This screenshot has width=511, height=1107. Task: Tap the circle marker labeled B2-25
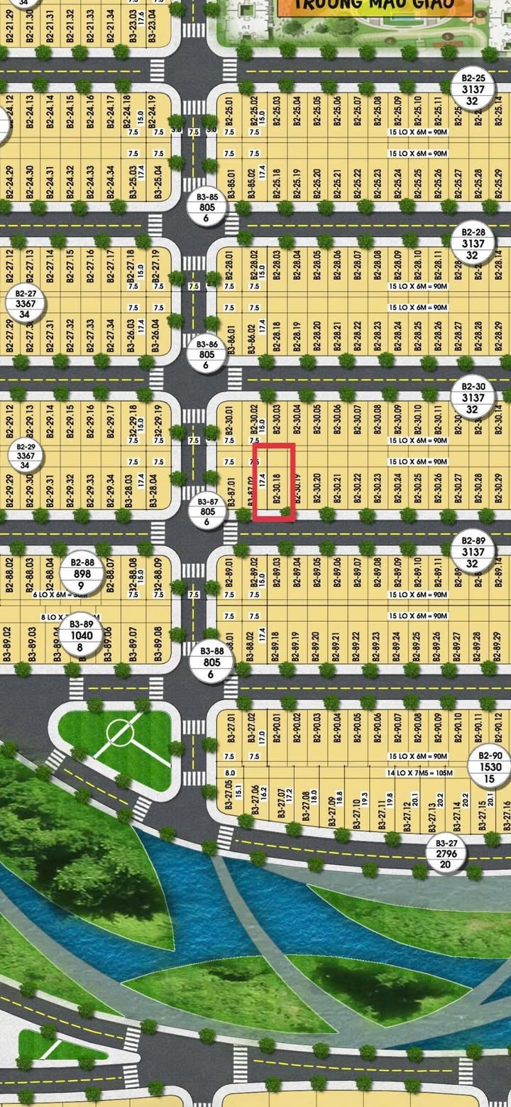point(473,89)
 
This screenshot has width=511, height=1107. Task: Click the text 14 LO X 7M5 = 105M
point(418,772)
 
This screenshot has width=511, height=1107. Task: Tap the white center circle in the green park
point(119,731)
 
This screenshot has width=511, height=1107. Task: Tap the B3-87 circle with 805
point(208,511)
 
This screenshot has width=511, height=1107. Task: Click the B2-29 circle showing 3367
point(26,455)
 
